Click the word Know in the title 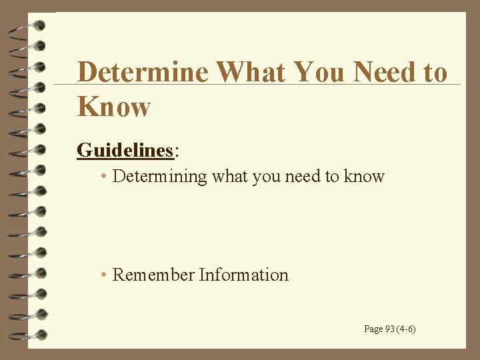pos(114,107)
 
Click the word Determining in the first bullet pos(159,177)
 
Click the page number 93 pos(389,329)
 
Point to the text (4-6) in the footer pos(406,329)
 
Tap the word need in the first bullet pos(301,177)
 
